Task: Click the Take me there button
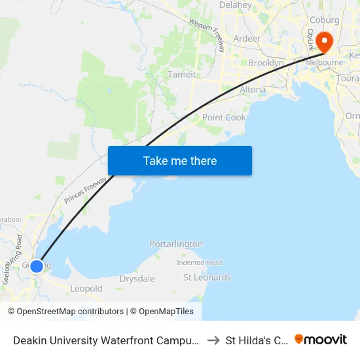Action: (x=180, y=160)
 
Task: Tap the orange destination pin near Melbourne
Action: (x=324, y=41)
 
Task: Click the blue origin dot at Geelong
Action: (x=37, y=266)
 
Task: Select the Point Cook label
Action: (x=224, y=118)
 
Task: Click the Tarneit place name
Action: (x=181, y=75)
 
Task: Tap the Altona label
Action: (x=253, y=90)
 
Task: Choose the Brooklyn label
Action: (x=266, y=63)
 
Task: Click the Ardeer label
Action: (x=247, y=39)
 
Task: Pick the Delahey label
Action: (x=236, y=5)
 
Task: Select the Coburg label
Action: (x=325, y=20)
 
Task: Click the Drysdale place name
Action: (x=137, y=279)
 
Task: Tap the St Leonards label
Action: (x=207, y=278)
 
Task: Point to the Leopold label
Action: (x=86, y=289)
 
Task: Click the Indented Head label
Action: (x=200, y=262)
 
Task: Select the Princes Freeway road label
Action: (x=84, y=190)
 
